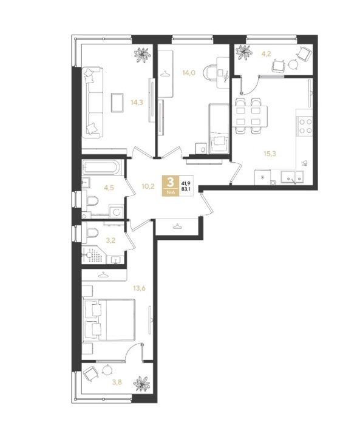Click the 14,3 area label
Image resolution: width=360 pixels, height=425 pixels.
137,103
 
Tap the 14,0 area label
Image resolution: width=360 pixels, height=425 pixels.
189,73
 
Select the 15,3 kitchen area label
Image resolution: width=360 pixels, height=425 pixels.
270,154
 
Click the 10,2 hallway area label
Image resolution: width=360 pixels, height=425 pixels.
148,186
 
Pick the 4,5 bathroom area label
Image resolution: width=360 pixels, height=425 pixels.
109,188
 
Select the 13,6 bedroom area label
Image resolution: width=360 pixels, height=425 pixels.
140,288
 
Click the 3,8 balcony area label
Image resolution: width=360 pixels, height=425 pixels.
117,382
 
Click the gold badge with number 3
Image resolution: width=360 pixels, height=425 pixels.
171,186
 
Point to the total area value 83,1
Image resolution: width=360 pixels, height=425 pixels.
186,189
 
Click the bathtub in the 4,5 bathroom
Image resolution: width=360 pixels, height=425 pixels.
101,167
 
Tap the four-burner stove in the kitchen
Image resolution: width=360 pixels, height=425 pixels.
305,126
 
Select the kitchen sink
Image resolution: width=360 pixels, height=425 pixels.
292,177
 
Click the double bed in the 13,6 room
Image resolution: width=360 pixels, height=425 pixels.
109,320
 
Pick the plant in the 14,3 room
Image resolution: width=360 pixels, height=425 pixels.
142,55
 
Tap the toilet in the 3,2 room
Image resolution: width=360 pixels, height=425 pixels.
91,233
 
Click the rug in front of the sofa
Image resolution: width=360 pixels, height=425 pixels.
117,102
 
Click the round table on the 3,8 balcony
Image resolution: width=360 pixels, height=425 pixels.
107,370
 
